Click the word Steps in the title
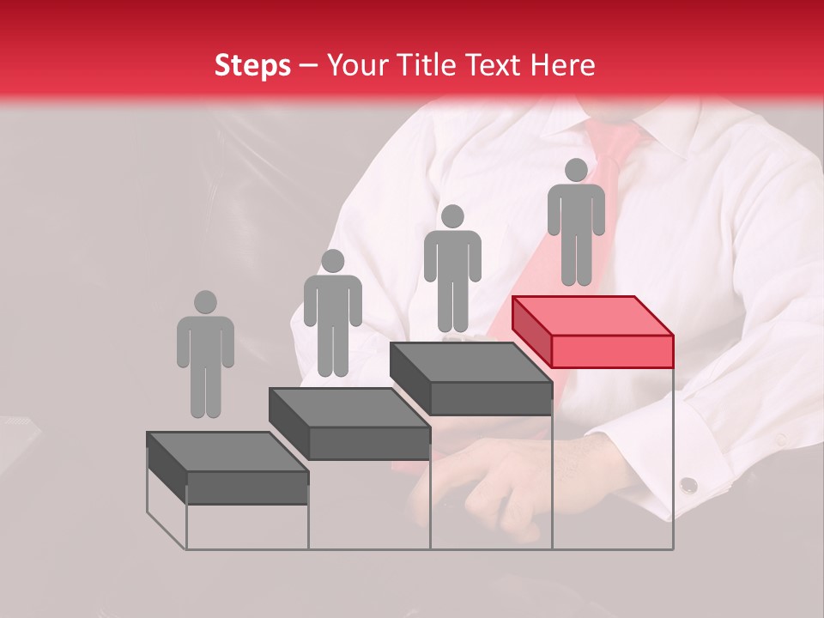pyautogui.click(x=252, y=65)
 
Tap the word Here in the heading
pyautogui.click(x=563, y=65)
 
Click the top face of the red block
pyautogui.click(x=592, y=315)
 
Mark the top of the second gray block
pyautogui.click(x=348, y=406)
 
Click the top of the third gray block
pyautogui.click(x=470, y=361)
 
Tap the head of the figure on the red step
pyautogui.click(x=576, y=170)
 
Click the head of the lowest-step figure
pyautogui.click(x=205, y=302)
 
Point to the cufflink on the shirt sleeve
pyautogui.click(x=688, y=486)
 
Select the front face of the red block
pyautogui.click(x=612, y=351)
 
